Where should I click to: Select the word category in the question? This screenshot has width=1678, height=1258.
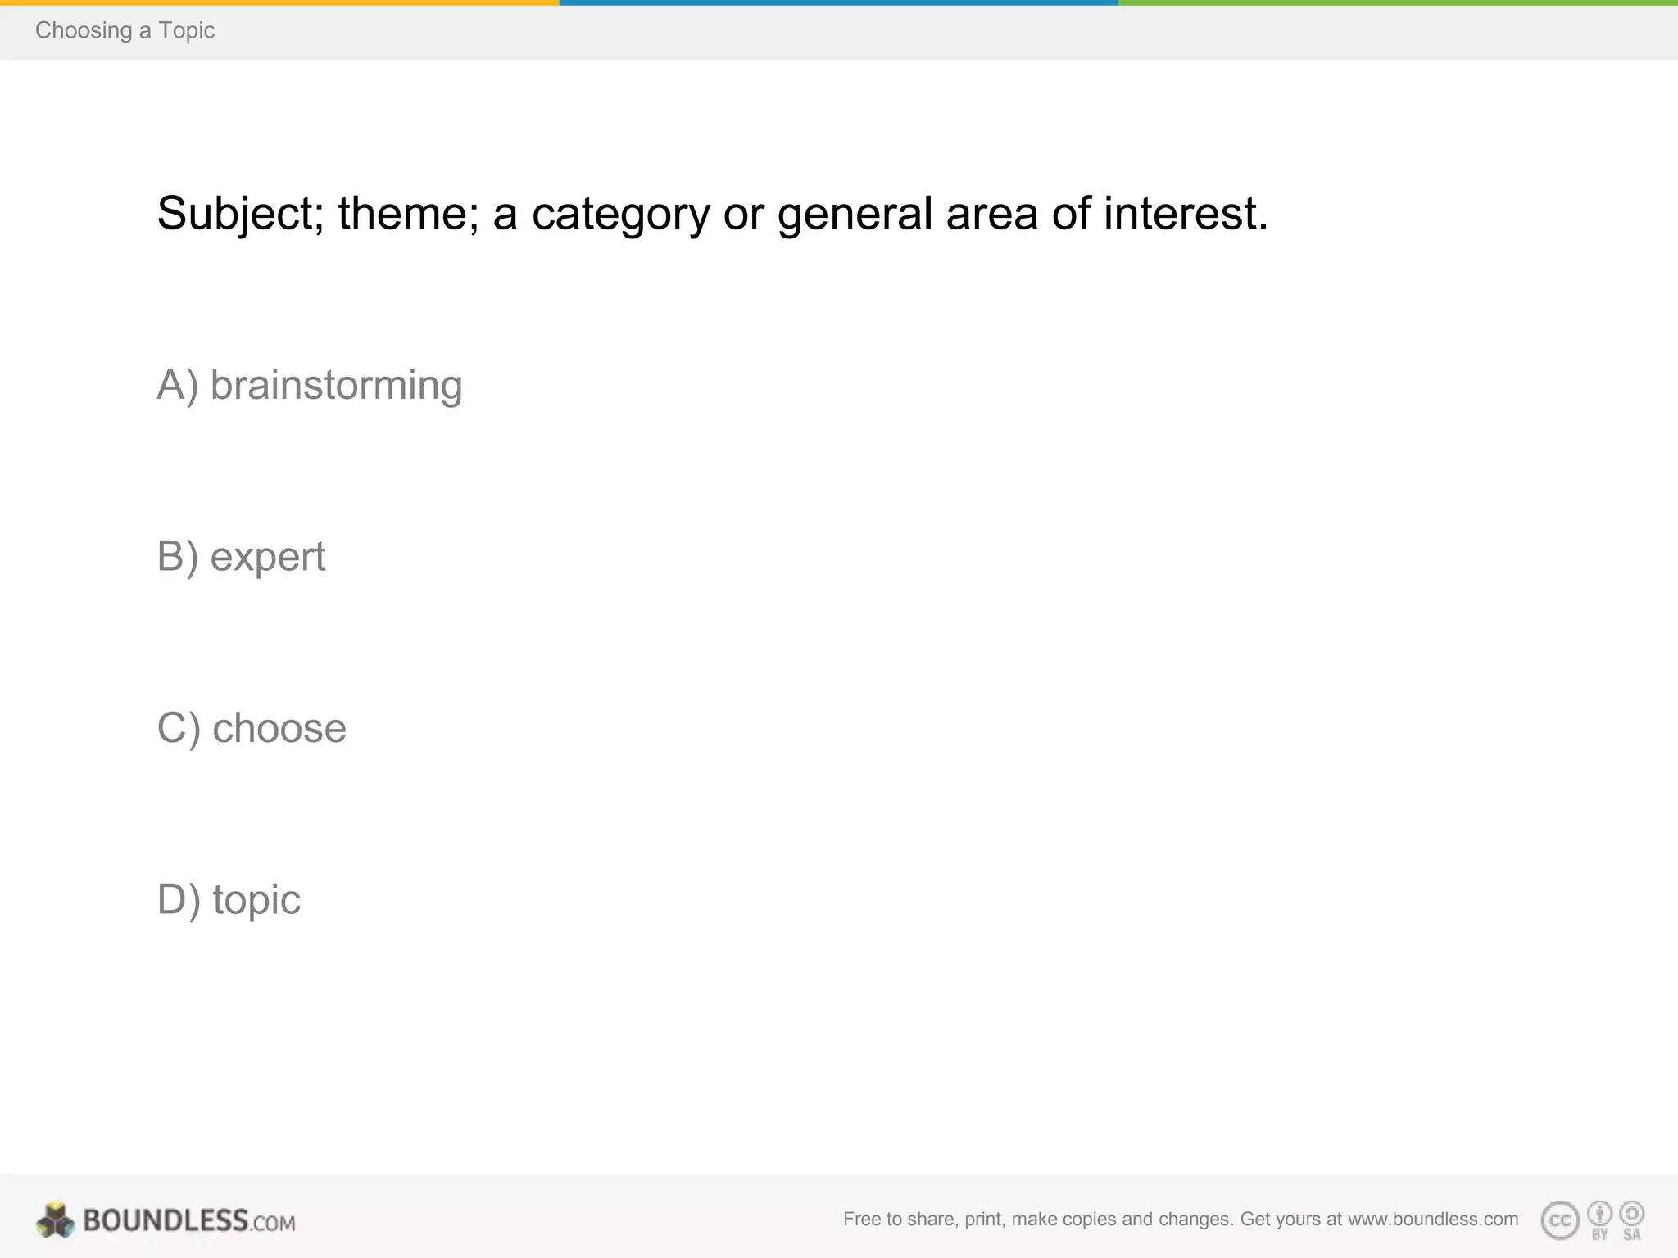pos(620,214)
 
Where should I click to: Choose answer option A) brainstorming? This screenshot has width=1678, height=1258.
pos(310,385)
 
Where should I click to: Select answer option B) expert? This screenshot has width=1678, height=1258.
pos(241,557)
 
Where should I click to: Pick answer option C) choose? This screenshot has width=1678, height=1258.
pos(252,728)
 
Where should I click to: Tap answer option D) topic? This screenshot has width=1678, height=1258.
pos(229,900)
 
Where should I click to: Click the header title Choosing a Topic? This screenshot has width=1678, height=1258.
pos(125,30)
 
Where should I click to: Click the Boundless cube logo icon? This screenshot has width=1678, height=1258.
pos(55,1220)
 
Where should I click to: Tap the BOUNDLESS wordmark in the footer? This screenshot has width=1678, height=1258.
pos(166,1220)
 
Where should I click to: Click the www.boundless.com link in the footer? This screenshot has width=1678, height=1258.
pos(1433,1219)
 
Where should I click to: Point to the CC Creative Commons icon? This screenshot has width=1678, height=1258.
pos(1560,1220)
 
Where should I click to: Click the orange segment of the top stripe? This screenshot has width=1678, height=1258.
pos(279,2)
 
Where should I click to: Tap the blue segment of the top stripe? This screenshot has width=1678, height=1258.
pos(838,2)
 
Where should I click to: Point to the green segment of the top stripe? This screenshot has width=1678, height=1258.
pos(1398,2)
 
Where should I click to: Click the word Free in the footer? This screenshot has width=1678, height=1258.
pos(861,1219)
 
